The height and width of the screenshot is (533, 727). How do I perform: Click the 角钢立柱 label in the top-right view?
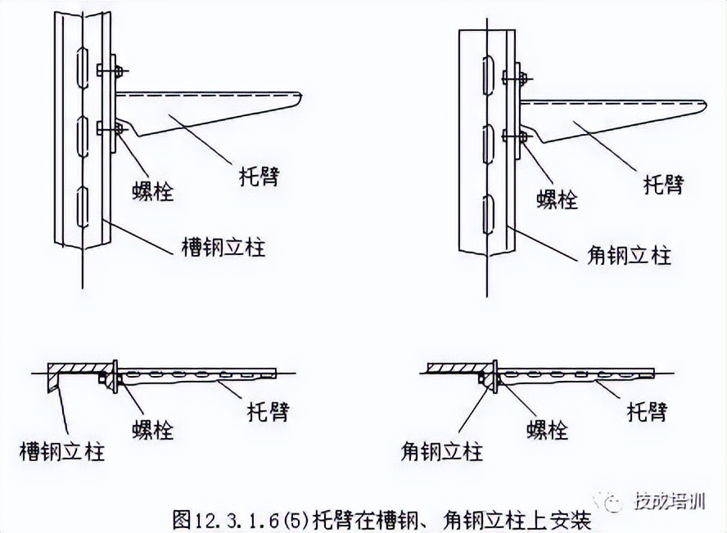pyautogui.click(x=629, y=255)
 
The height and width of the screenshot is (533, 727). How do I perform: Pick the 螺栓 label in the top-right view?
pyautogui.click(x=558, y=199)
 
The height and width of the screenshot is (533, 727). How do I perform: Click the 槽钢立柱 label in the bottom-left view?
pyautogui.click(x=62, y=450)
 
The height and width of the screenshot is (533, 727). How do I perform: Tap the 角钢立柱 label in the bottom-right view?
pyautogui.click(x=442, y=450)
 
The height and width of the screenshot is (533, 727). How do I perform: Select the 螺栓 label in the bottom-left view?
pyautogui.click(x=153, y=429)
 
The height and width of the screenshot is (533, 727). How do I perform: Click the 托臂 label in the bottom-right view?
pyautogui.click(x=646, y=410)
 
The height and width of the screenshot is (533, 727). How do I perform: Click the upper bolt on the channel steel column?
pyautogui.click(x=109, y=69)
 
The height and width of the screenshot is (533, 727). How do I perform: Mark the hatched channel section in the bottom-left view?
pyautogui.click(x=78, y=365)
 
